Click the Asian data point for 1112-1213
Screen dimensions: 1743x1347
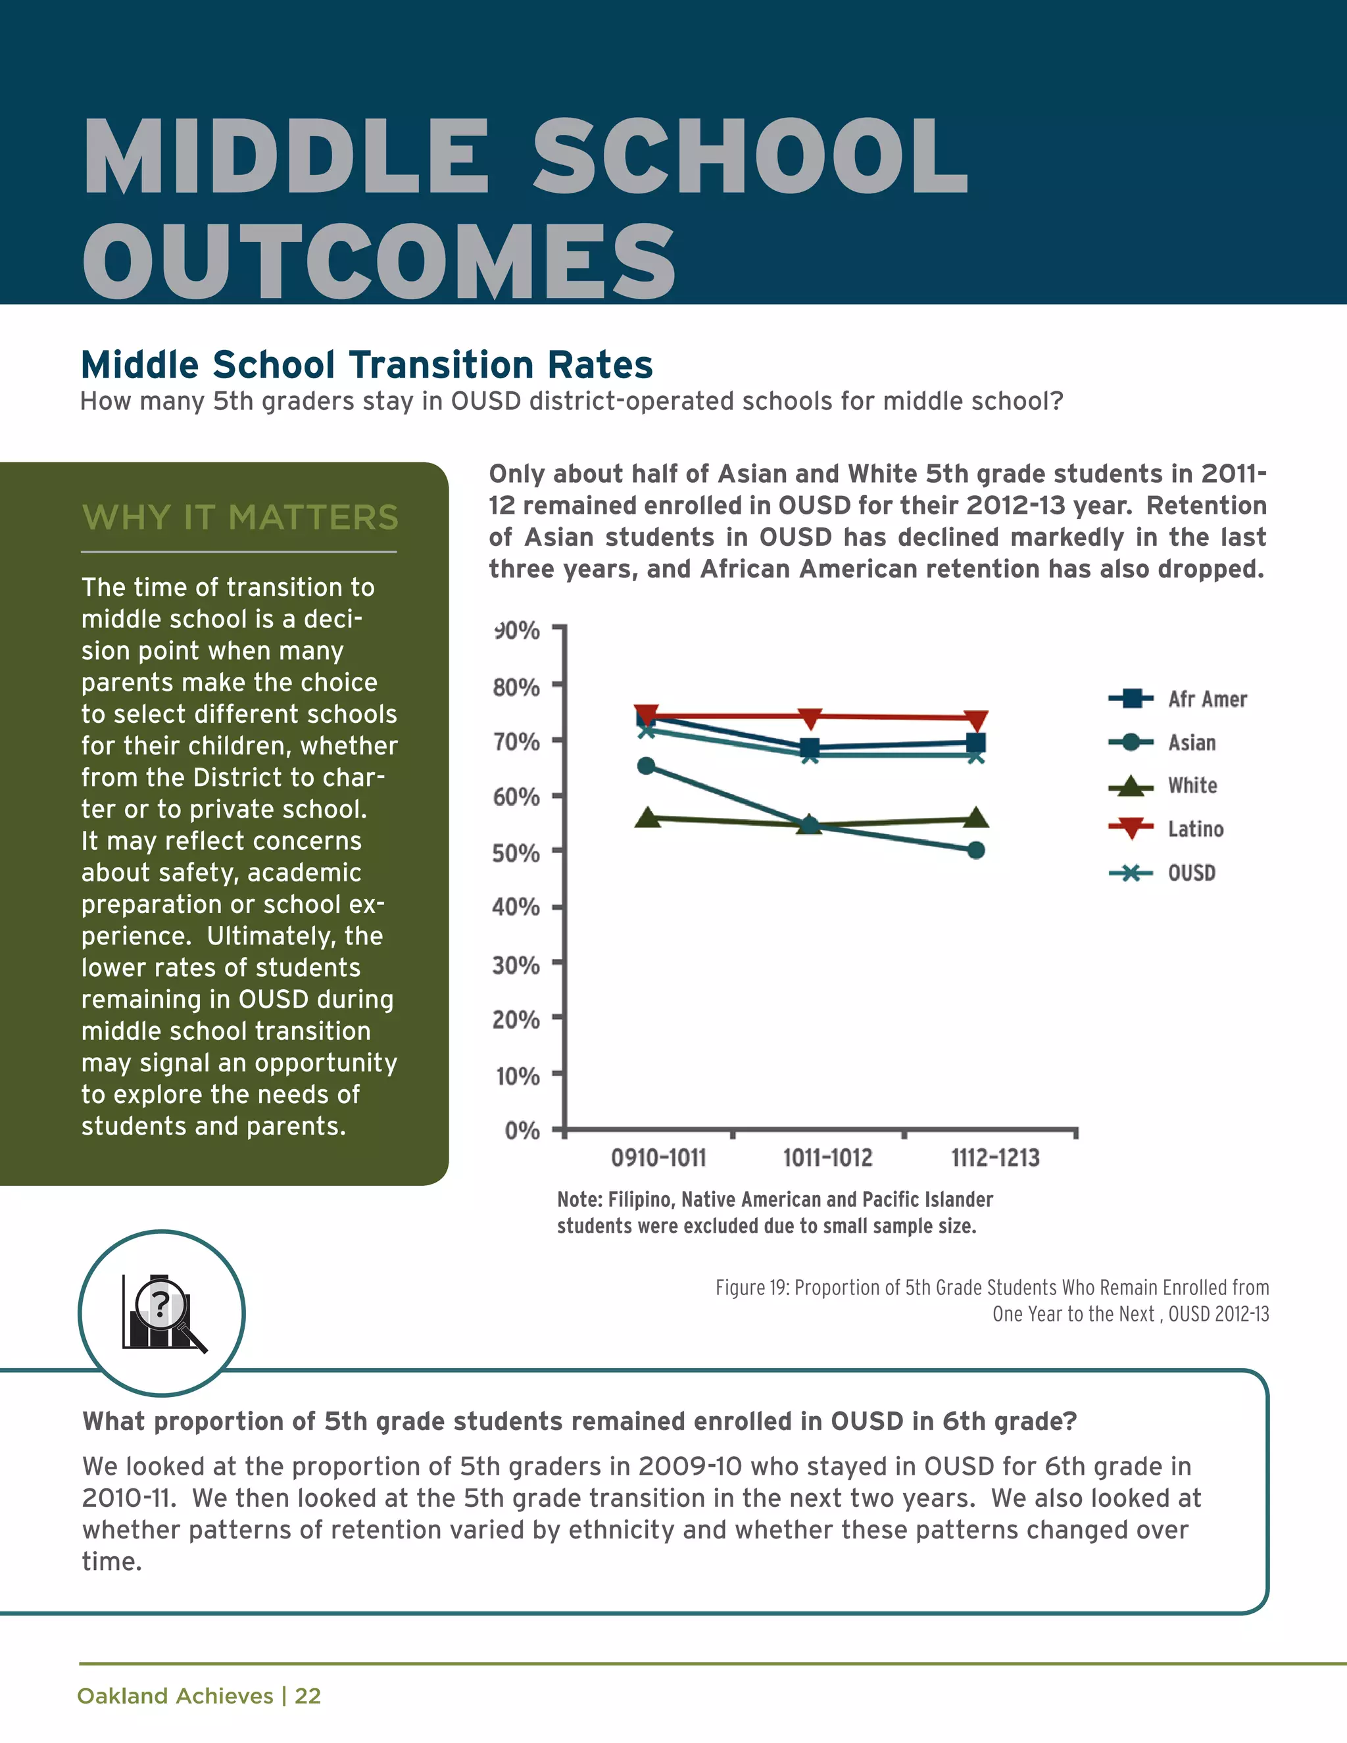(975, 850)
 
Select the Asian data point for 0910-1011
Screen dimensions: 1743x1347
(647, 766)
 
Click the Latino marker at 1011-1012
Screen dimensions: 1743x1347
(810, 718)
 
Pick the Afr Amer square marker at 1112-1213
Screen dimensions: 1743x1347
(975, 743)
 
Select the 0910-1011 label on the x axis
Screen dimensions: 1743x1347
(658, 1158)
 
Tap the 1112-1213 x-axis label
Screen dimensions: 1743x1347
(995, 1158)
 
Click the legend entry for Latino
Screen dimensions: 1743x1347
(1194, 829)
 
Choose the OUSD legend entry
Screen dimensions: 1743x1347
(1191, 873)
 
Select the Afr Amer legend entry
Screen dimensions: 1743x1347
(1206, 699)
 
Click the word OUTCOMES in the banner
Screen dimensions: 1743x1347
(379, 262)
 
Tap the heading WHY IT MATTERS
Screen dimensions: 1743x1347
(239, 517)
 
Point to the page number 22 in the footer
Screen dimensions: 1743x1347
(307, 1696)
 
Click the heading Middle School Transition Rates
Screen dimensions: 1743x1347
(366, 365)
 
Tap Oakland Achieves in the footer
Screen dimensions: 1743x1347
(175, 1696)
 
